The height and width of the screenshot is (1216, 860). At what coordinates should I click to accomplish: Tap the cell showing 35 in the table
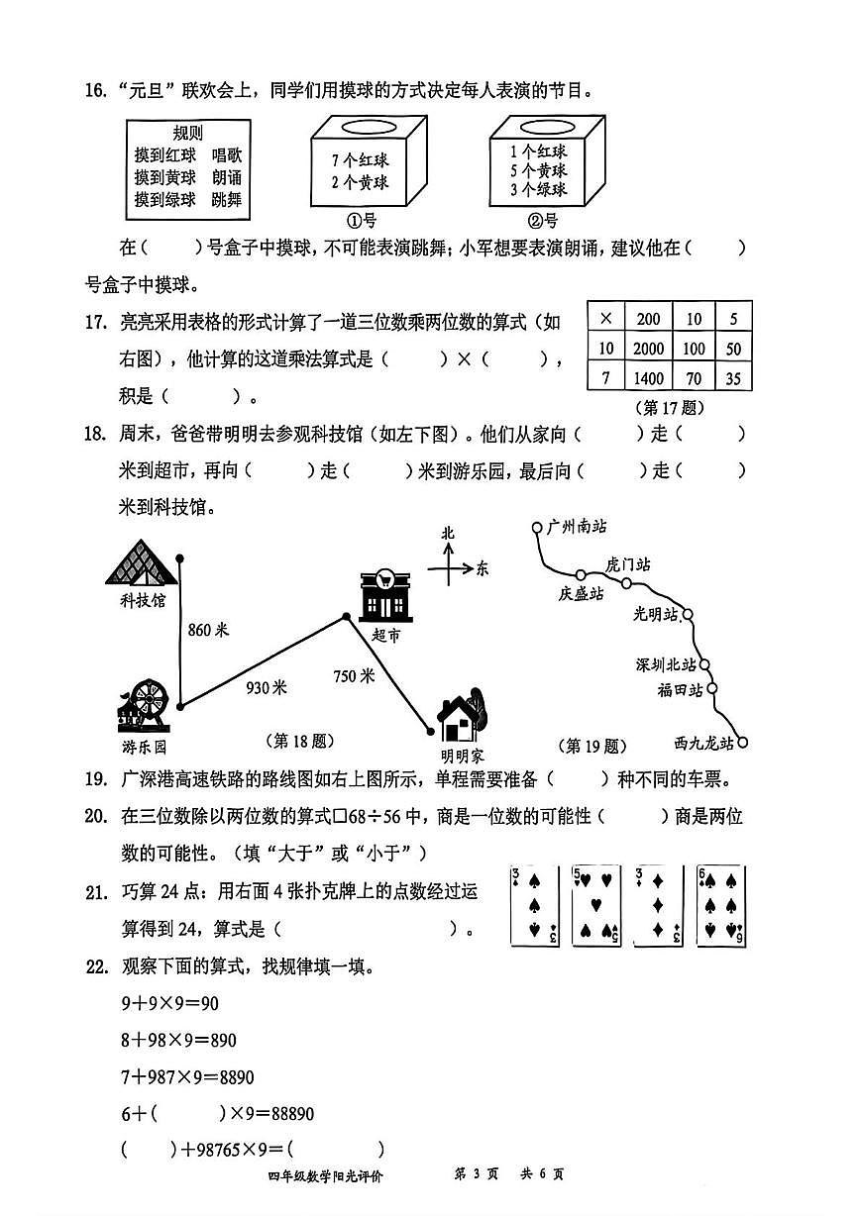click(x=733, y=376)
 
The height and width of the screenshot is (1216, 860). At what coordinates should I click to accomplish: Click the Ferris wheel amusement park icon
click(x=147, y=704)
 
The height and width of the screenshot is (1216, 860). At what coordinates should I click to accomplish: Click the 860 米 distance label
click(x=208, y=630)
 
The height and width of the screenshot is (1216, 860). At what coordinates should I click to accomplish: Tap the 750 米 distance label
click(x=354, y=676)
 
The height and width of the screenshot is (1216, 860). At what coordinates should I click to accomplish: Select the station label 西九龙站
click(x=703, y=742)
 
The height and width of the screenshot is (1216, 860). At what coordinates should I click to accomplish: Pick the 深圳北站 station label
click(x=666, y=664)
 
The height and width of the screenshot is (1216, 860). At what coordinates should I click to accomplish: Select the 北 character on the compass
click(x=448, y=534)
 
